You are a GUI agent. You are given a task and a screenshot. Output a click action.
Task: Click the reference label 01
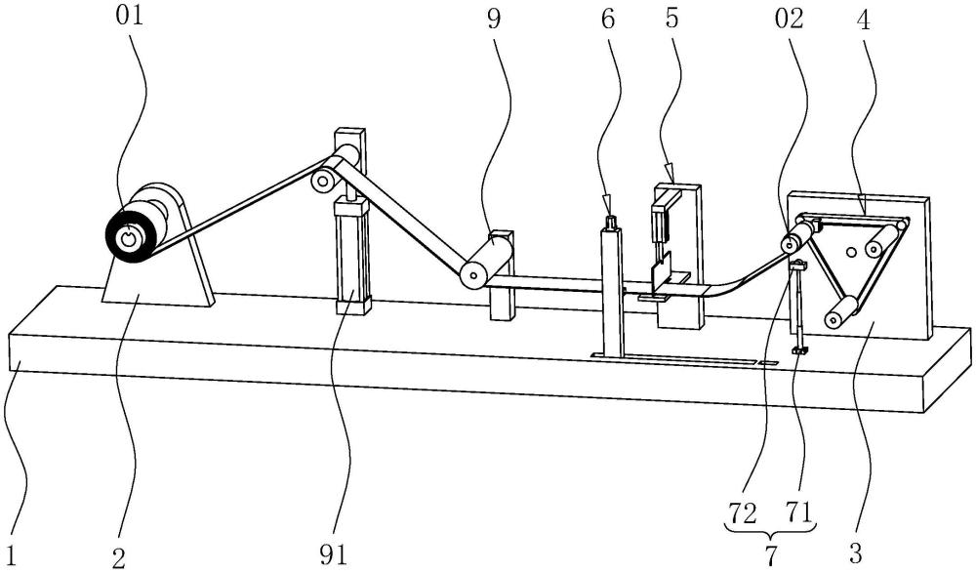coord(128,18)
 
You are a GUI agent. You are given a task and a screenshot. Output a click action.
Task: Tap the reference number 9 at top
coord(494,19)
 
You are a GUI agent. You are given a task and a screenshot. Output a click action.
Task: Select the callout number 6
coord(609,19)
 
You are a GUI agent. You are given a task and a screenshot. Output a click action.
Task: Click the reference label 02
coord(793,19)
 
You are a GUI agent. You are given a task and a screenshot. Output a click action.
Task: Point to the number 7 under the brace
coord(770,556)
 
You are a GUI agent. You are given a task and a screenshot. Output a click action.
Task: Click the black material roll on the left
coord(126,235)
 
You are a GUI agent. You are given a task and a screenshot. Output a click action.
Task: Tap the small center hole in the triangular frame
coord(851,253)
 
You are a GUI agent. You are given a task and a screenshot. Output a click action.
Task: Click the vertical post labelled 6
coord(612,293)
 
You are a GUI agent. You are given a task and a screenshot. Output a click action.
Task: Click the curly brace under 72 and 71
coord(772,531)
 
